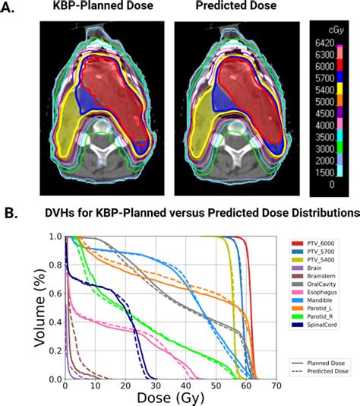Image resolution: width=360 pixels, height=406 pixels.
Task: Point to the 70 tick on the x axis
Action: [x=276, y=385]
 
